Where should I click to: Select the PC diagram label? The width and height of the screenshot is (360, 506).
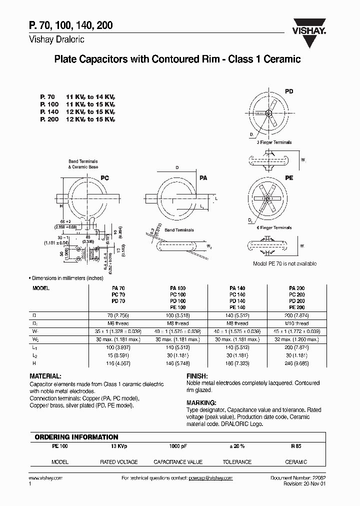[105, 177]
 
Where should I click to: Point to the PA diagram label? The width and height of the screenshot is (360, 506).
[203, 177]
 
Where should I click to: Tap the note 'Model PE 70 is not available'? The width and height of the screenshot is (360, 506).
[285, 263]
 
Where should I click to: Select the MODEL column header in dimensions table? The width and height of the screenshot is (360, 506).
[41, 288]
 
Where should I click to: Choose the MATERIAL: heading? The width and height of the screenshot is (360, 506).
[46, 375]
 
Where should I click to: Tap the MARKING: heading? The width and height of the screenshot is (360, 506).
[201, 402]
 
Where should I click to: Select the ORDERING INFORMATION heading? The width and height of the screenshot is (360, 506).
[76, 437]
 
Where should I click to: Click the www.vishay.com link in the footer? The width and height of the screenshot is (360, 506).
[43, 478]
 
